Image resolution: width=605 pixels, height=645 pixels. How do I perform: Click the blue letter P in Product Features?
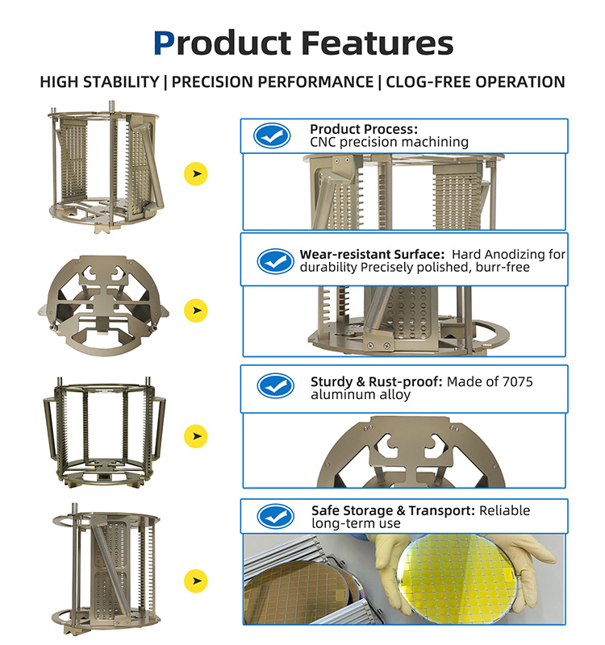click(x=164, y=43)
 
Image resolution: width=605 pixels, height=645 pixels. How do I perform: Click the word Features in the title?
click(x=377, y=43)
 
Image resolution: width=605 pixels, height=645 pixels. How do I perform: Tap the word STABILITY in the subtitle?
click(x=121, y=82)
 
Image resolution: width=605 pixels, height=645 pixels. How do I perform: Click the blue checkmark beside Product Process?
click(x=272, y=135)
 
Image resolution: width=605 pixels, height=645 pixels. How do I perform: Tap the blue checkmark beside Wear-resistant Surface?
click(x=275, y=260)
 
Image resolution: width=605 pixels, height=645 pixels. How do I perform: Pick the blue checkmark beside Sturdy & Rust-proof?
click(x=275, y=386)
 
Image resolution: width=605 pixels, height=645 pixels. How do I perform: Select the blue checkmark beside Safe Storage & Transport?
click(x=275, y=516)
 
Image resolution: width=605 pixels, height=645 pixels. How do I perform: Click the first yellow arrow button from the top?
click(x=195, y=173)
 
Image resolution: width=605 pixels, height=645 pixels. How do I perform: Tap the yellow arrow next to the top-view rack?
click(x=195, y=310)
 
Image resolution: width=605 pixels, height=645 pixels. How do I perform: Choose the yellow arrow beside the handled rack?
click(x=195, y=436)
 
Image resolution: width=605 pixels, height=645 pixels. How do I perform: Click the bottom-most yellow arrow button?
click(x=195, y=580)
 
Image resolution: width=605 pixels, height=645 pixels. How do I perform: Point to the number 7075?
click(x=517, y=381)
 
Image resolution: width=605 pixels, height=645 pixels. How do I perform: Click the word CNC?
click(x=323, y=142)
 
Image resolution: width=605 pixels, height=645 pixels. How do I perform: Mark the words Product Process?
click(x=364, y=129)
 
